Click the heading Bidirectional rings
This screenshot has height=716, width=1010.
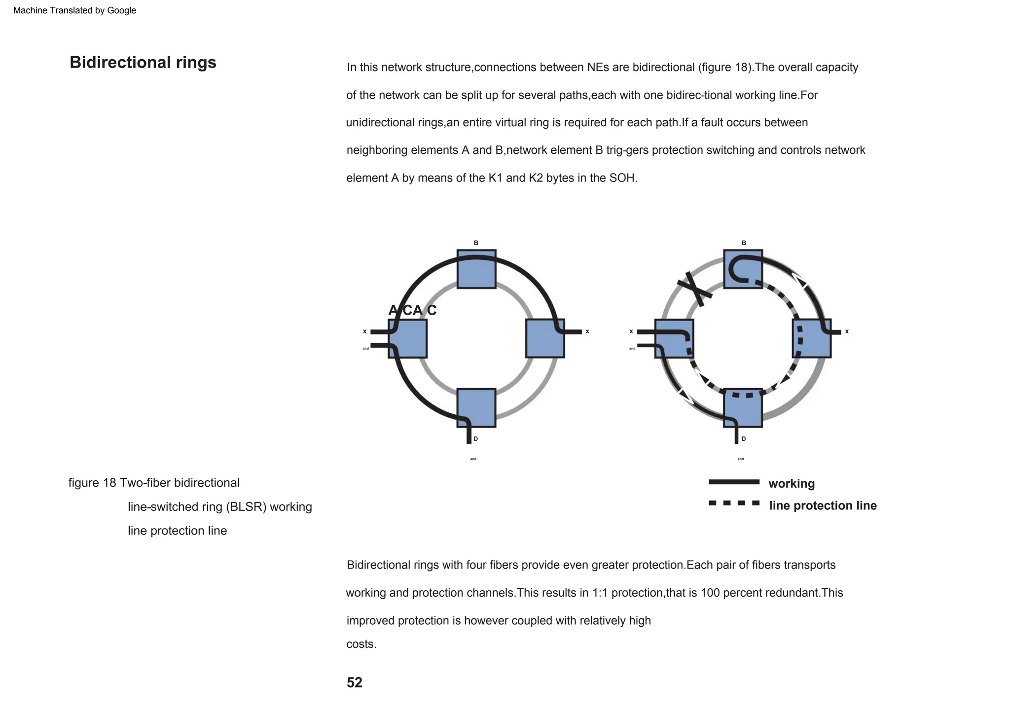point(143,63)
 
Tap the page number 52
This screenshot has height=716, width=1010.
point(354,682)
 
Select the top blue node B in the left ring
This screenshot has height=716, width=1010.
point(476,269)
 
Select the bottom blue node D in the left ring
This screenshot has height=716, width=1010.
point(476,408)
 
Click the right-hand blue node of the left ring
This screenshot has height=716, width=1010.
point(545,338)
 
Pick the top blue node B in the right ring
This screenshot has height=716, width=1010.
point(743,269)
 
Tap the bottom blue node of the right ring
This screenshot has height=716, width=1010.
point(743,408)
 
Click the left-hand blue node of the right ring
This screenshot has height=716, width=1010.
point(674,338)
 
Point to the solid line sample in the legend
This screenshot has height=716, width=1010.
point(734,482)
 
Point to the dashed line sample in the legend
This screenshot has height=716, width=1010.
point(734,503)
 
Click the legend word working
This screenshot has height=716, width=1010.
point(792,484)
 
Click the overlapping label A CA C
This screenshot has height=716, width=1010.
point(412,311)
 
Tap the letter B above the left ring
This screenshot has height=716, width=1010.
point(476,243)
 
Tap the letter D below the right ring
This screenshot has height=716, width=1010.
point(744,439)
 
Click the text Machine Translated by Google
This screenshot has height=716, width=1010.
point(74,10)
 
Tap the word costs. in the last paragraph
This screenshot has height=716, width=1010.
point(361,644)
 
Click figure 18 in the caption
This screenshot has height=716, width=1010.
point(92,483)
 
